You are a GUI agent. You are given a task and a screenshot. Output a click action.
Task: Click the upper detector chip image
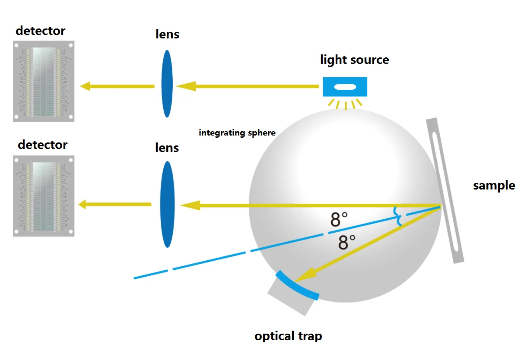point(44,81)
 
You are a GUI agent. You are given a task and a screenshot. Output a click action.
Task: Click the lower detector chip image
point(44,196)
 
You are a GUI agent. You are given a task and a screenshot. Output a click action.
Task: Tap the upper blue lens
point(167,84)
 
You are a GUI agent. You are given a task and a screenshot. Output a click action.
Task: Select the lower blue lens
point(167,204)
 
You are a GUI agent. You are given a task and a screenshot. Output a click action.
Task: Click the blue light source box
point(345,87)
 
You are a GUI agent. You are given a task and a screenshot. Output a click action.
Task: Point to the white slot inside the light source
point(345,87)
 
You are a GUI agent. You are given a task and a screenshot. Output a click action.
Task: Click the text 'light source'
point(355,60)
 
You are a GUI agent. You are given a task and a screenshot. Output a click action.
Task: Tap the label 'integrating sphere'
point(237,133)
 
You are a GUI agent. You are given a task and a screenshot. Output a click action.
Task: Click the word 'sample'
point(494,186)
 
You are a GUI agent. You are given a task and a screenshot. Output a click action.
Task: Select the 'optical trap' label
point(288,336)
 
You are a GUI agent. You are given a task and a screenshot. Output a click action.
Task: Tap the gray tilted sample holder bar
point(445,190)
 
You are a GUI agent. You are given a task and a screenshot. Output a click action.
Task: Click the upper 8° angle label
point(339,219)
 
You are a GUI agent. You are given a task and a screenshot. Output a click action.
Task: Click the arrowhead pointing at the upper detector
point(85,86)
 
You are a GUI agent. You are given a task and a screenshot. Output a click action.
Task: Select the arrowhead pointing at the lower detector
point(82,205)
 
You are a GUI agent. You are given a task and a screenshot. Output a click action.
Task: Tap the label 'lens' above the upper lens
point(167,34)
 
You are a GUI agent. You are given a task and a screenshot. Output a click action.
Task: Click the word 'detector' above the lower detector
point(43,145)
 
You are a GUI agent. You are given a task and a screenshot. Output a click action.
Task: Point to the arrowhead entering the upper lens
point(186,86)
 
